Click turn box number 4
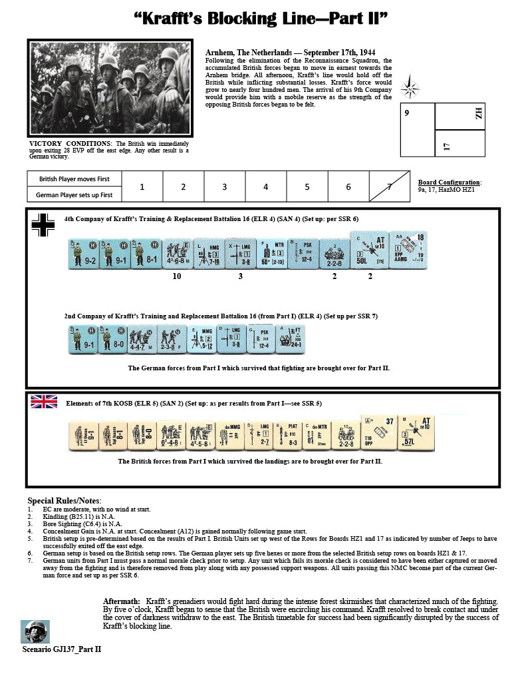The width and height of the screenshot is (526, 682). [265, 187]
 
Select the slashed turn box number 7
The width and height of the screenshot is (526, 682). [390, 187]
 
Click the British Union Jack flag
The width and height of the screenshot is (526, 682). [44, 402]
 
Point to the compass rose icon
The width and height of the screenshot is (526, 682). [409, 89]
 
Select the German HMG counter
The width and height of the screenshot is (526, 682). [208, 253]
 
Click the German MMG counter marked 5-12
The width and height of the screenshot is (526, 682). [203, 339]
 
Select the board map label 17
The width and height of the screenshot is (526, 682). [448, 145]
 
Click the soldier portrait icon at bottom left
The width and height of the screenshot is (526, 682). [35, 631]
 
